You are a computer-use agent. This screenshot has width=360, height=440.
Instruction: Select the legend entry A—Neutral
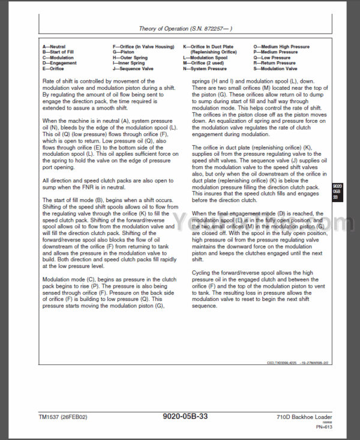(x=55, y=46)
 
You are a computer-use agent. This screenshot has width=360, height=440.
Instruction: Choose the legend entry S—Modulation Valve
(x=277, y=68)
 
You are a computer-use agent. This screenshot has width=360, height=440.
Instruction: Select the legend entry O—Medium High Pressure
(x=281, y=46)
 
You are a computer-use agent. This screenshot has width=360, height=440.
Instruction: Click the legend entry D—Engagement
(x=59, y=63)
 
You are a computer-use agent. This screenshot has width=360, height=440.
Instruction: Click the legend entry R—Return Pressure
(x=275, y=63)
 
